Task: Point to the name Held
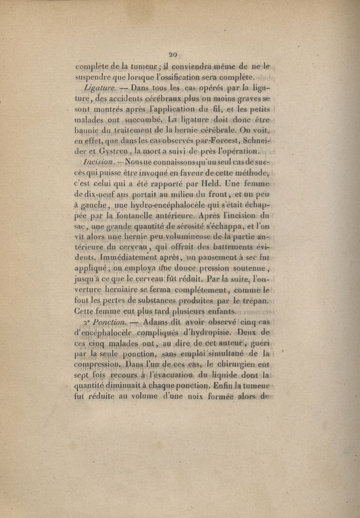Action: (221, 183)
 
